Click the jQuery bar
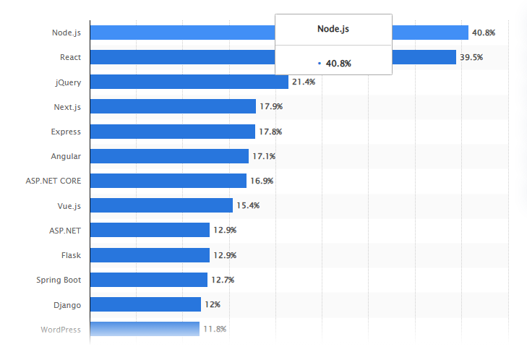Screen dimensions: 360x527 click(x=189, y=82)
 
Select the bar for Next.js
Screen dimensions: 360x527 click(x=173, y=106)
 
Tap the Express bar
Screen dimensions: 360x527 click(x=173, y=132)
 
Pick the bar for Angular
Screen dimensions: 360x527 click(x=170, y=156)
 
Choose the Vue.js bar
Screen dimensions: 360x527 click(x=162, y=205)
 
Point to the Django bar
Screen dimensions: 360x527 click(x=146, y=304)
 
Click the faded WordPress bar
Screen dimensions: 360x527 click(x=145, y=329)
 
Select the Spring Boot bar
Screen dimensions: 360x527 click(x=149, y=280)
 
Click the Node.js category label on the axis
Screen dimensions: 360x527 click(x=66, y=33)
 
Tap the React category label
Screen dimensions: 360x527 click(x=70, y=57)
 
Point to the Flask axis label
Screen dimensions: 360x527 click(x=71, y=255)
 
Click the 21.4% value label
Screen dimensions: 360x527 click(x=304, y=82)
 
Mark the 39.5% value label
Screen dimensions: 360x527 click(x=472, y=57)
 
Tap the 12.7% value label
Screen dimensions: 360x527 click(x=223, y=280)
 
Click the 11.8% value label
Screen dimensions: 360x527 click(x=215, y=329)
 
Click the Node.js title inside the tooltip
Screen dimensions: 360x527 click(x=333, y=29)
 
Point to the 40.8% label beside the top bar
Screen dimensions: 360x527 click(x=484, y=33)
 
